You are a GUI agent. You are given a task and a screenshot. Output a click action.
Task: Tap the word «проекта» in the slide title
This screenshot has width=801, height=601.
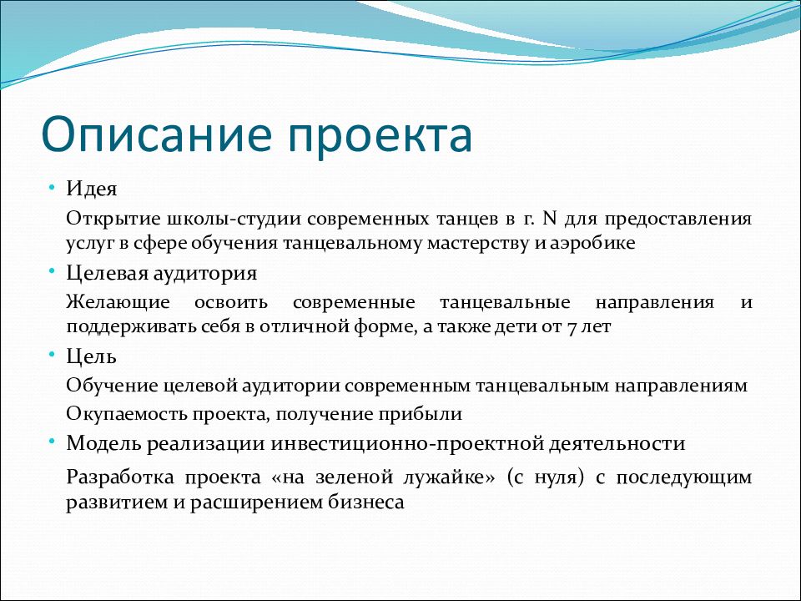(x=380, y=138)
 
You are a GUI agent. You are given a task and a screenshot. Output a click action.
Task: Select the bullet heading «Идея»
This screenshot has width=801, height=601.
(x=92, y=189)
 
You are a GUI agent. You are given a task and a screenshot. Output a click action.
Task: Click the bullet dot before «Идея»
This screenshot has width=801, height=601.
(x=51, y=188)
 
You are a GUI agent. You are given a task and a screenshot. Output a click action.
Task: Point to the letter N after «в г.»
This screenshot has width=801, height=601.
(x=549, y=218)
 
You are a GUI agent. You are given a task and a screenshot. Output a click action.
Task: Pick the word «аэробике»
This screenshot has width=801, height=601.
(x=592, y=243)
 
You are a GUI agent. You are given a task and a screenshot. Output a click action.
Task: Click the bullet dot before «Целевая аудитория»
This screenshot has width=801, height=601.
(x=51, y=270)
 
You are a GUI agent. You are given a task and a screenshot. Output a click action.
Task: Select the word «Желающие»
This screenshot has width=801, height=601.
(x=118, y=301)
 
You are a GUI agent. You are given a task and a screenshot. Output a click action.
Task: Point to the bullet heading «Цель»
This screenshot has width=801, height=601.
(x=92, y=356)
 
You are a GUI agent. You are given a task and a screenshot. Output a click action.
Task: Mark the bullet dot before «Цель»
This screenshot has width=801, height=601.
(x=51, y=354)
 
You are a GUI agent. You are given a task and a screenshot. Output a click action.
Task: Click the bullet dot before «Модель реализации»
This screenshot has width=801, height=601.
(x=51, y=441)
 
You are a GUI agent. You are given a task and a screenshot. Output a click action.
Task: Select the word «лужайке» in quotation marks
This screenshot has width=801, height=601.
(x=445, y=477)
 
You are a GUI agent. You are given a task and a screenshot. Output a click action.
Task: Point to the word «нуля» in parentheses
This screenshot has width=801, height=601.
(x=556, y=478)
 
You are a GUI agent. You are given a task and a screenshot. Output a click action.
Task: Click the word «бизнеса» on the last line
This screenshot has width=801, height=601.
(x=366, y=502)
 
